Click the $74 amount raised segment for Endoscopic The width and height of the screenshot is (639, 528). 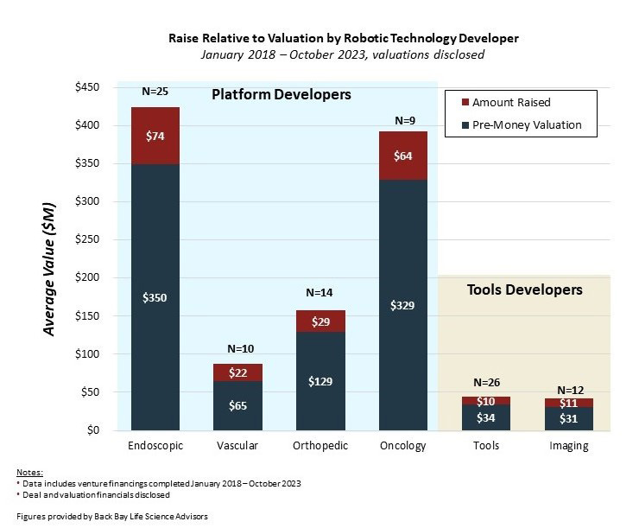[x=155, y=136]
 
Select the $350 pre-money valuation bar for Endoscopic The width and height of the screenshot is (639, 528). [x=155, y=296]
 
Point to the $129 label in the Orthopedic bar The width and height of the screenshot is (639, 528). [x=320, y=381]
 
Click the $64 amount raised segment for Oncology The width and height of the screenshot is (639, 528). [x=403, y=156]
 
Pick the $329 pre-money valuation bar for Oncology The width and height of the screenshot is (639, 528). [x=403, y=304]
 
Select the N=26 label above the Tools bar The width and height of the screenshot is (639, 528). [x=486, y=383]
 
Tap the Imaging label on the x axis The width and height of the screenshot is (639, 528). [x=568, y=446]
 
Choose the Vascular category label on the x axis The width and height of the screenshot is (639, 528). [x=238, y=446]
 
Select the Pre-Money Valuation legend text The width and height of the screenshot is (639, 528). [x=528, y=125]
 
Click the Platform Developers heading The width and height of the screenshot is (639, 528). [x=282, y=94]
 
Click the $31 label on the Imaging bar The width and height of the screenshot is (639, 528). [x=568, y=419]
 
